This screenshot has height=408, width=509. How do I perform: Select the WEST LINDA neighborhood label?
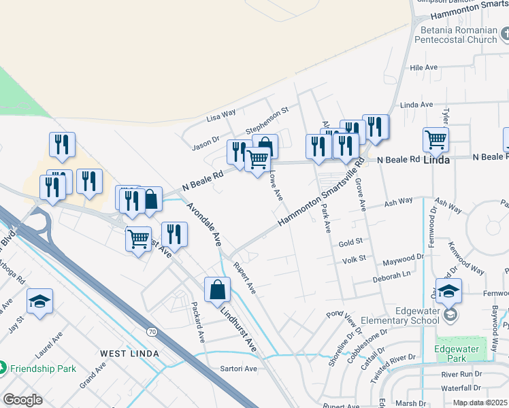129,354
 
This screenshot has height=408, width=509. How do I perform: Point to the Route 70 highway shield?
152,331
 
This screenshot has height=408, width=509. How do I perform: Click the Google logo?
22,399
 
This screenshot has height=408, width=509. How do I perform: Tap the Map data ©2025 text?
479,403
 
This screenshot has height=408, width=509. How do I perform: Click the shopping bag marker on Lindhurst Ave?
217,290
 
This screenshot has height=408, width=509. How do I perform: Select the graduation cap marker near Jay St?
39,301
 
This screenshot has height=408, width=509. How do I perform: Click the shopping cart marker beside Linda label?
436,139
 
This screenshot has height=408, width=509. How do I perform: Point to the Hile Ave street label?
423,68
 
